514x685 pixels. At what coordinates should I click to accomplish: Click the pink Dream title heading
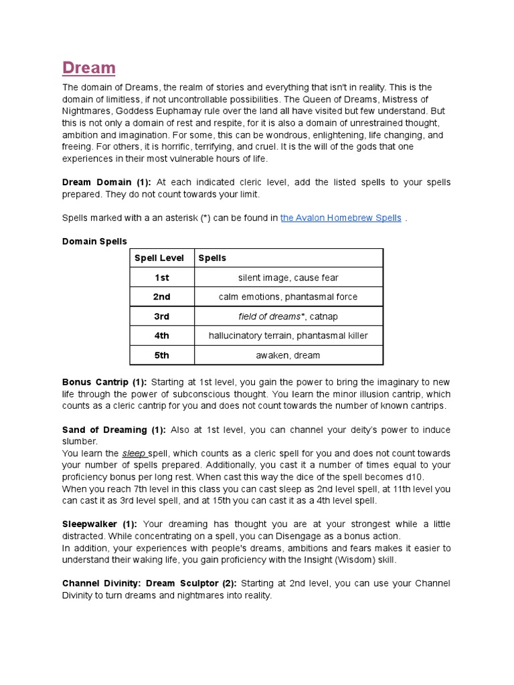tap(88, 68)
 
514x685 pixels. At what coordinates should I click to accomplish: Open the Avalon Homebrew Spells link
tap(341, 217)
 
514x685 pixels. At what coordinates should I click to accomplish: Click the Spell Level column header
tap(159, 258)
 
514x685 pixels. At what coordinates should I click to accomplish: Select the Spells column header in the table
tap(213, 258)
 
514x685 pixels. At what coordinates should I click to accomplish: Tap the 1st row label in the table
tap(161, 278)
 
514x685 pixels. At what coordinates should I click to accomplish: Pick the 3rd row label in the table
tap(161, 316)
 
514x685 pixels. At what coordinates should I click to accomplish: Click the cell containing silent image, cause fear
tap(288, 278)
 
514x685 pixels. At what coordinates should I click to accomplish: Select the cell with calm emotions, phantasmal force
tap(288, 297)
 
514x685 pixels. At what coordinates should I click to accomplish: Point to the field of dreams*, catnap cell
tap(288, 316)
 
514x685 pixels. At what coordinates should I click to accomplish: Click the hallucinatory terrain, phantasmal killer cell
tap(288, 336)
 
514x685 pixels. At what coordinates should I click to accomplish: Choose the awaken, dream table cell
tap(288, 355)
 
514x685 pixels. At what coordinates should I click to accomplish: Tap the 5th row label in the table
tap(161, 355)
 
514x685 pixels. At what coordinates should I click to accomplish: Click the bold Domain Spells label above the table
tap(94, 241)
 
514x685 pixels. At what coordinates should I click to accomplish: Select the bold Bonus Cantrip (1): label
tap(104, 382)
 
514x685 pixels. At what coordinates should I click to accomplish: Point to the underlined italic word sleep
tap(133, 454)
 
